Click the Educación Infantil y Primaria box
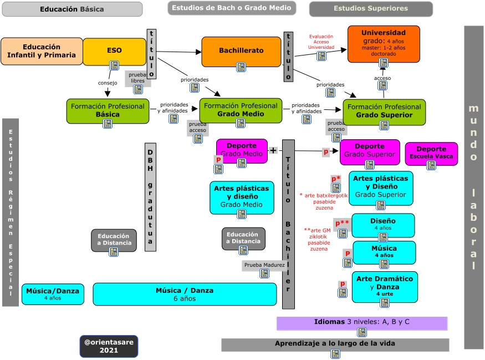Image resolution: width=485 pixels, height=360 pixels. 42,51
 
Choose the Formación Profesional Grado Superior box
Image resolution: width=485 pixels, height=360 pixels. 384,111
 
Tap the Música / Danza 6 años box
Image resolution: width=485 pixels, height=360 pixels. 185,294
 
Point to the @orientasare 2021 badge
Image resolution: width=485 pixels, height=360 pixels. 109,346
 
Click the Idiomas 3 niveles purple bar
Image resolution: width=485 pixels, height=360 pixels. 361,322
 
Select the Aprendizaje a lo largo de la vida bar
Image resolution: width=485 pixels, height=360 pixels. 335,344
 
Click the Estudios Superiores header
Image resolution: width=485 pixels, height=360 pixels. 370,9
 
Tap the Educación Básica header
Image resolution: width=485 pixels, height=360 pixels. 72,9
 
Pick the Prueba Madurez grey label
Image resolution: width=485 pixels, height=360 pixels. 264,265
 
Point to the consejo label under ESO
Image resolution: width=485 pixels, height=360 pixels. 108,83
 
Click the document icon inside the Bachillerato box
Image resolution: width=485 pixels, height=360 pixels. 241,67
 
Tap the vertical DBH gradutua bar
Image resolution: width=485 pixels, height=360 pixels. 150,197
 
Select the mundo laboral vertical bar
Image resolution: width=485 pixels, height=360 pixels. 473,187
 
